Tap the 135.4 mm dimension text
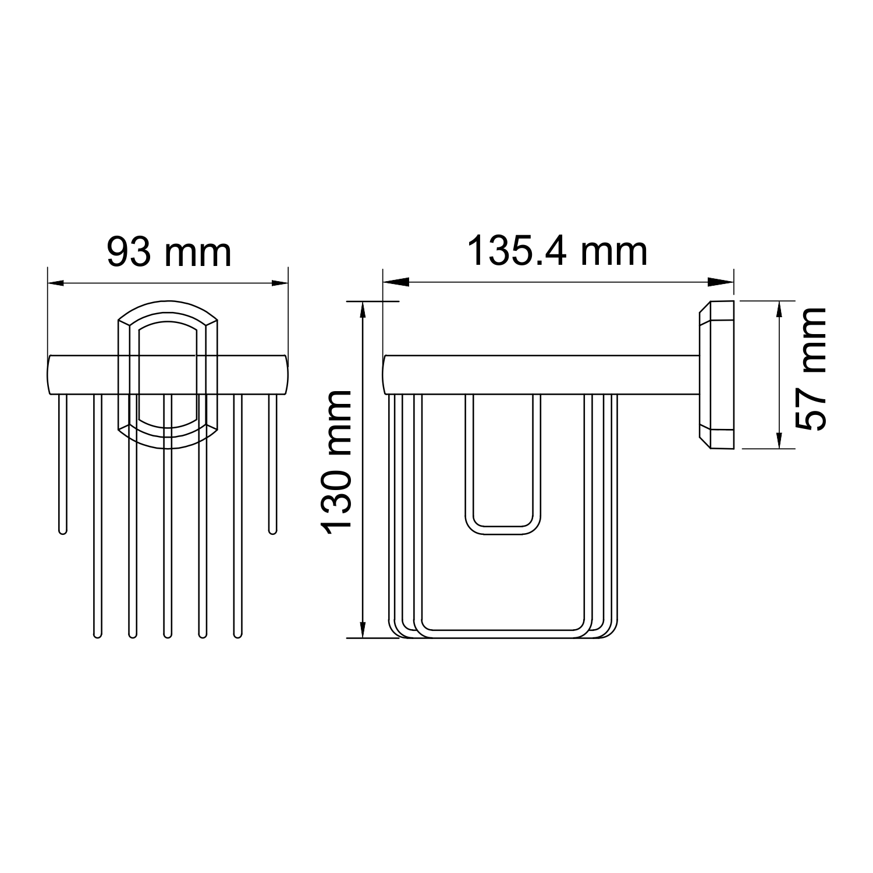coord(558,251)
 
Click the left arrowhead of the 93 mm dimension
coord(59,283)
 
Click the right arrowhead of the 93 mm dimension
coord(276,283)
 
